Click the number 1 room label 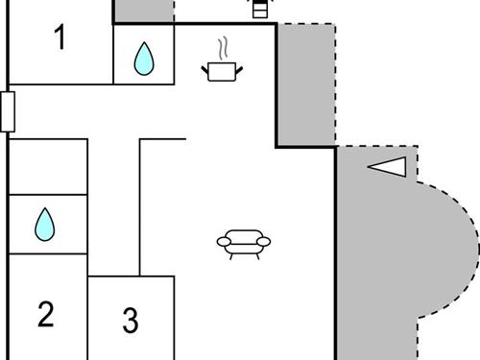60,40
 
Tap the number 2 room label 45,313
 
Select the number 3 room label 131,320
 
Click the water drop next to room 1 144,59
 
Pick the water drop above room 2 45,225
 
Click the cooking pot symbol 222,70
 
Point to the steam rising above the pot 223,47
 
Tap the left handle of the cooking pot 205,66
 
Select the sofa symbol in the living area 244,243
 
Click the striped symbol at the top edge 259,9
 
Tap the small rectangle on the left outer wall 7,110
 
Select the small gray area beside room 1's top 144,11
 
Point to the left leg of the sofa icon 230,255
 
